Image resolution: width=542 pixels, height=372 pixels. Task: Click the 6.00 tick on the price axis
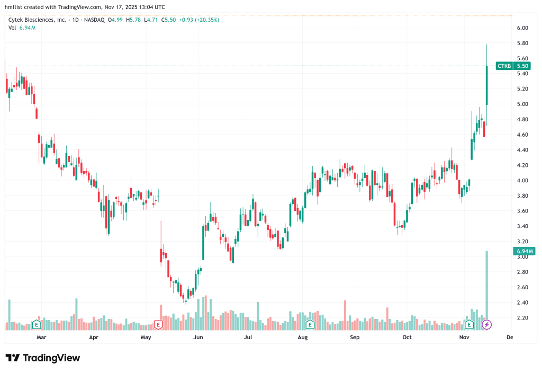point(522,28)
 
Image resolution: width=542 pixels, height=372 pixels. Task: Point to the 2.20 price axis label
point(522,318)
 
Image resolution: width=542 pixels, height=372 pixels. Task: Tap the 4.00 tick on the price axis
point(522,181)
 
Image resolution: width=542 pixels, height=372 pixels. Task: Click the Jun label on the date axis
point(198,336)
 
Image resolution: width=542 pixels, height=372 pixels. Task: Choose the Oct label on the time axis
point(407,336)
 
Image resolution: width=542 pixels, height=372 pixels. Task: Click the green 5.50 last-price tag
point(522,66)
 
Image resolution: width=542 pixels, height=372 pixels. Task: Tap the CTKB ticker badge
point(504,66)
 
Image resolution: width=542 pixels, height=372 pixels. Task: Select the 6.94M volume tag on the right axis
point(522,251)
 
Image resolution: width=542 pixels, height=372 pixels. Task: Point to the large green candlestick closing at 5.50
point(486,85)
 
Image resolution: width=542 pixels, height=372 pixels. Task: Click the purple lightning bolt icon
point(487,324)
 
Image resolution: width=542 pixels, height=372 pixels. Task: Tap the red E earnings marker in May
point(157,324)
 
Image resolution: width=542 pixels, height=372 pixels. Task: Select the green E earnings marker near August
point(309,324)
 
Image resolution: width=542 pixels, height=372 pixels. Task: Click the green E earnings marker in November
point(468,324)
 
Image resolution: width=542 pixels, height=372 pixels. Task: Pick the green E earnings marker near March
point(37,324)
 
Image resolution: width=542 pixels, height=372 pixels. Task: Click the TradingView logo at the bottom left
point(42,358)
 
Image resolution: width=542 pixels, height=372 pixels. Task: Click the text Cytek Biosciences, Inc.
point(37,20)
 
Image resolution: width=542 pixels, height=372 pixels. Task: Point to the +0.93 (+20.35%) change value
point(199,20)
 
